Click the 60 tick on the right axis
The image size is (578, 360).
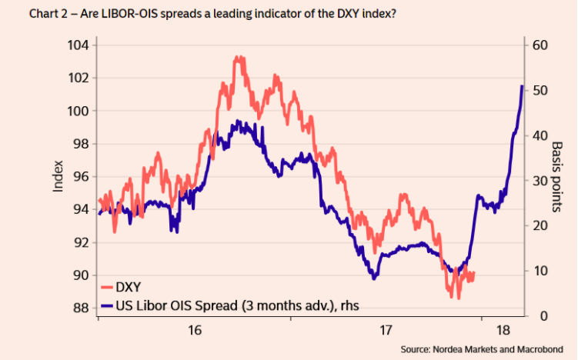pyautogui.click(x=539, y=45)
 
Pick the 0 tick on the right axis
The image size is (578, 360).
pyautogui.click(x=535, y=316)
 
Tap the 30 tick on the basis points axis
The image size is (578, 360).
pyautogui.click(x=539, y=181)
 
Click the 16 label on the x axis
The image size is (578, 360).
pyautogui.click(x=194, y=331)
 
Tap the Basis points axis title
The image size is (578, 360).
pyautogui.click(x=558, y=177)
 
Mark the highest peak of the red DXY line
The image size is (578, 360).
pyautogui.click(x=238, y=57)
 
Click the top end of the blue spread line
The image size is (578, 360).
pyautogui.click(x=522, y=86)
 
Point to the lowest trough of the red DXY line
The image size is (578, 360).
pyautogui.click(x=458, y=297)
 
